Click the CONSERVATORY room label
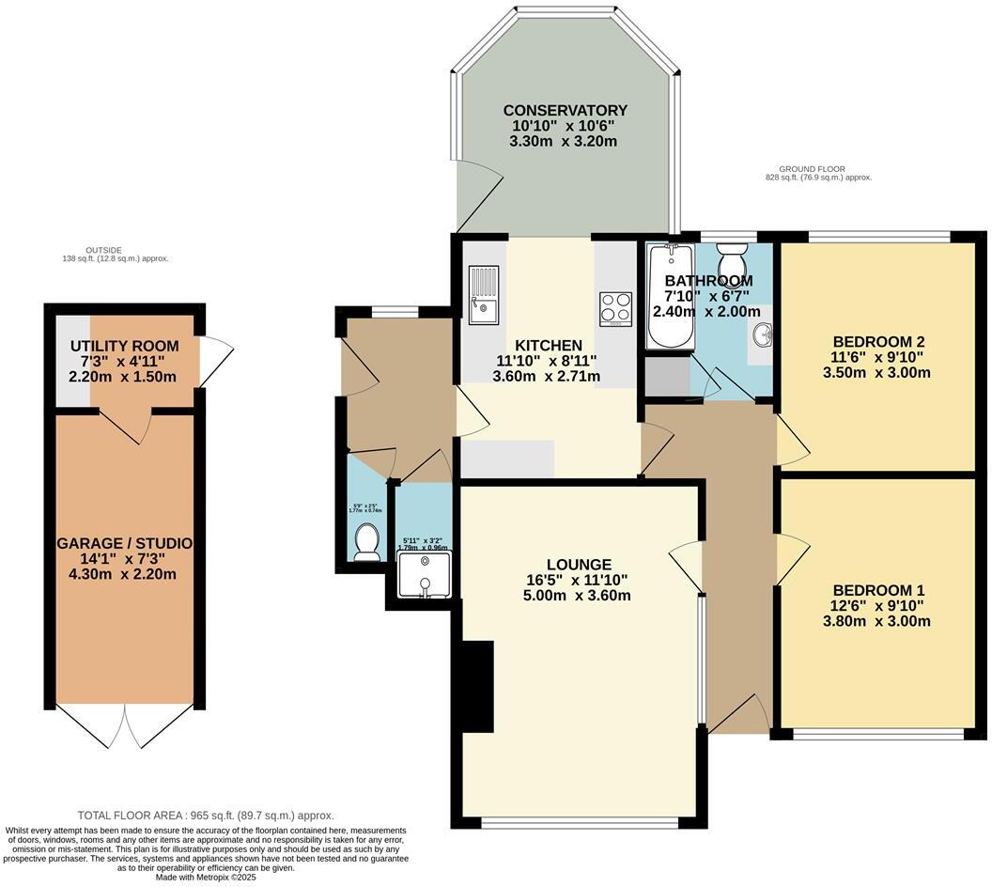tap(564, 111)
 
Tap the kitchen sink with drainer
tap(484, 295)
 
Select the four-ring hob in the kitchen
tap(616, 308)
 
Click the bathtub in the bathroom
tap(669, 299)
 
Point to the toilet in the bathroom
tap(730, 260)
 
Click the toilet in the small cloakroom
tap(366, 542)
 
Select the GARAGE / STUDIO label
tap(125, 544)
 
